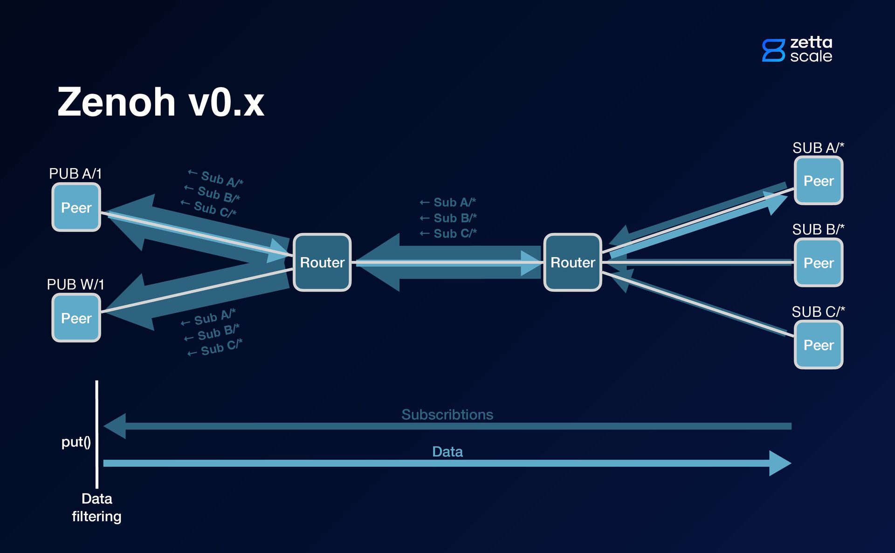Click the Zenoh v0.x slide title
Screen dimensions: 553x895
(161, 102)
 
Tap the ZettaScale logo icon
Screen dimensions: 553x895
(773, 50)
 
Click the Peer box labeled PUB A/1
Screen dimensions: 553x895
(76, 207)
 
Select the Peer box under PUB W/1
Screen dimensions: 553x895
(76, 318)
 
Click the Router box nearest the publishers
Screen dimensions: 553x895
(322, 262)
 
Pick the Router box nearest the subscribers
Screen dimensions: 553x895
(572, 262)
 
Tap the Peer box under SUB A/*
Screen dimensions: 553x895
(819, 180)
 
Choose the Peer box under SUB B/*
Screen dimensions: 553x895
(819, 263)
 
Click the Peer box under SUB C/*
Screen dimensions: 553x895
(819, 345)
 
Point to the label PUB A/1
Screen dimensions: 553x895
(75, 174)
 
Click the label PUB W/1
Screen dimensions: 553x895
(76, 284)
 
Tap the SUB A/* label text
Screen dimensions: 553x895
(818, 148)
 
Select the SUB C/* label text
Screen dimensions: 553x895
(818, 312)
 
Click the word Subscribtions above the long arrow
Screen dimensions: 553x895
(447, 414)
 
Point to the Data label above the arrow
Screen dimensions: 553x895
(447, 451)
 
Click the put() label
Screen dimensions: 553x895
(76, 441)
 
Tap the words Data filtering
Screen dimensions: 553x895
(96, 507)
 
